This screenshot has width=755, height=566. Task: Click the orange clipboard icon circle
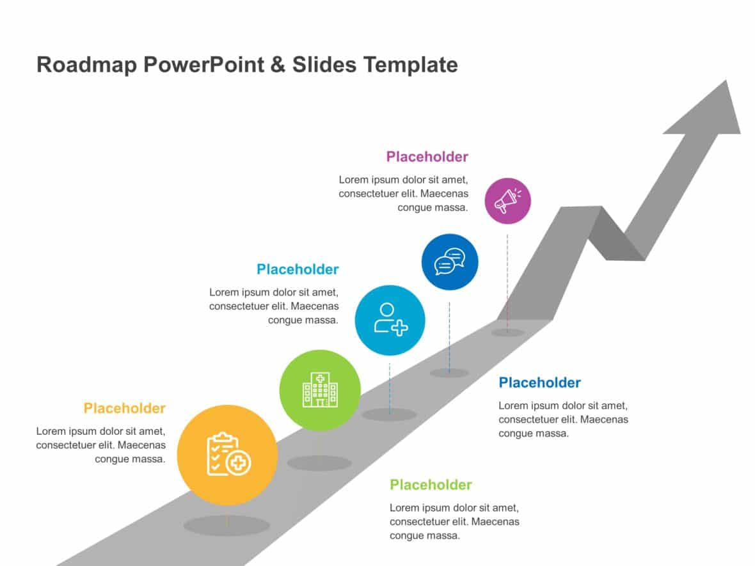227,455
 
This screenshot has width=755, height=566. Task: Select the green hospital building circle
320,390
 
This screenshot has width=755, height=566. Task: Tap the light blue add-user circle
390,320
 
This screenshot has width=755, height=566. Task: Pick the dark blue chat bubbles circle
449,262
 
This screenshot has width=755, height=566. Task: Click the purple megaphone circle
507,201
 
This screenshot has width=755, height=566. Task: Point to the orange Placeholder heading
124,408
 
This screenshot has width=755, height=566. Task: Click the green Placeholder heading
431,485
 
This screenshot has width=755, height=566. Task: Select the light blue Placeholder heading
298,269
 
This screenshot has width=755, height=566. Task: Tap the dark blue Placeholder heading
539,382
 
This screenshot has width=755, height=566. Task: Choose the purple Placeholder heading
427,157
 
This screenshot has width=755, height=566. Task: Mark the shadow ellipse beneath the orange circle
226,526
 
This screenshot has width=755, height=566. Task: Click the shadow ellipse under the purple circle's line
507,333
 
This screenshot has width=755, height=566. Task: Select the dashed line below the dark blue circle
449,336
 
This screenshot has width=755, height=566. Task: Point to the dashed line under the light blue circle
390,387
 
